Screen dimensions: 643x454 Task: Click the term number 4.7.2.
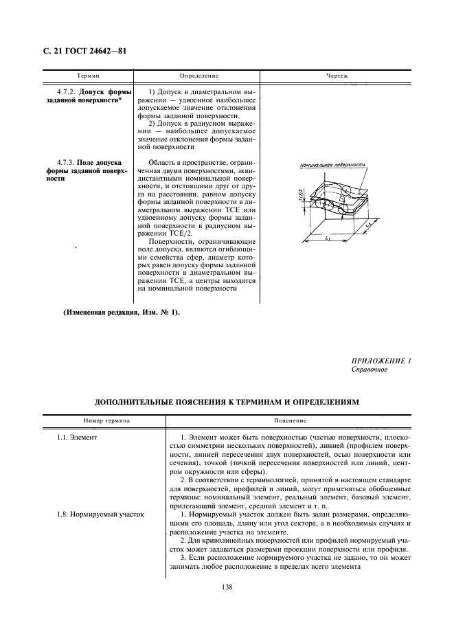65,91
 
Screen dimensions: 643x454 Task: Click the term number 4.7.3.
65,162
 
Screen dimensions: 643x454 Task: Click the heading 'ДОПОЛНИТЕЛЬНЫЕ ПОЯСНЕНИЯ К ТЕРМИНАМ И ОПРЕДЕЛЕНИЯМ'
227,401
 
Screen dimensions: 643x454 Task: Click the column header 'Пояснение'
289,419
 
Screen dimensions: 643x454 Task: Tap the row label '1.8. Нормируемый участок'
100,514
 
